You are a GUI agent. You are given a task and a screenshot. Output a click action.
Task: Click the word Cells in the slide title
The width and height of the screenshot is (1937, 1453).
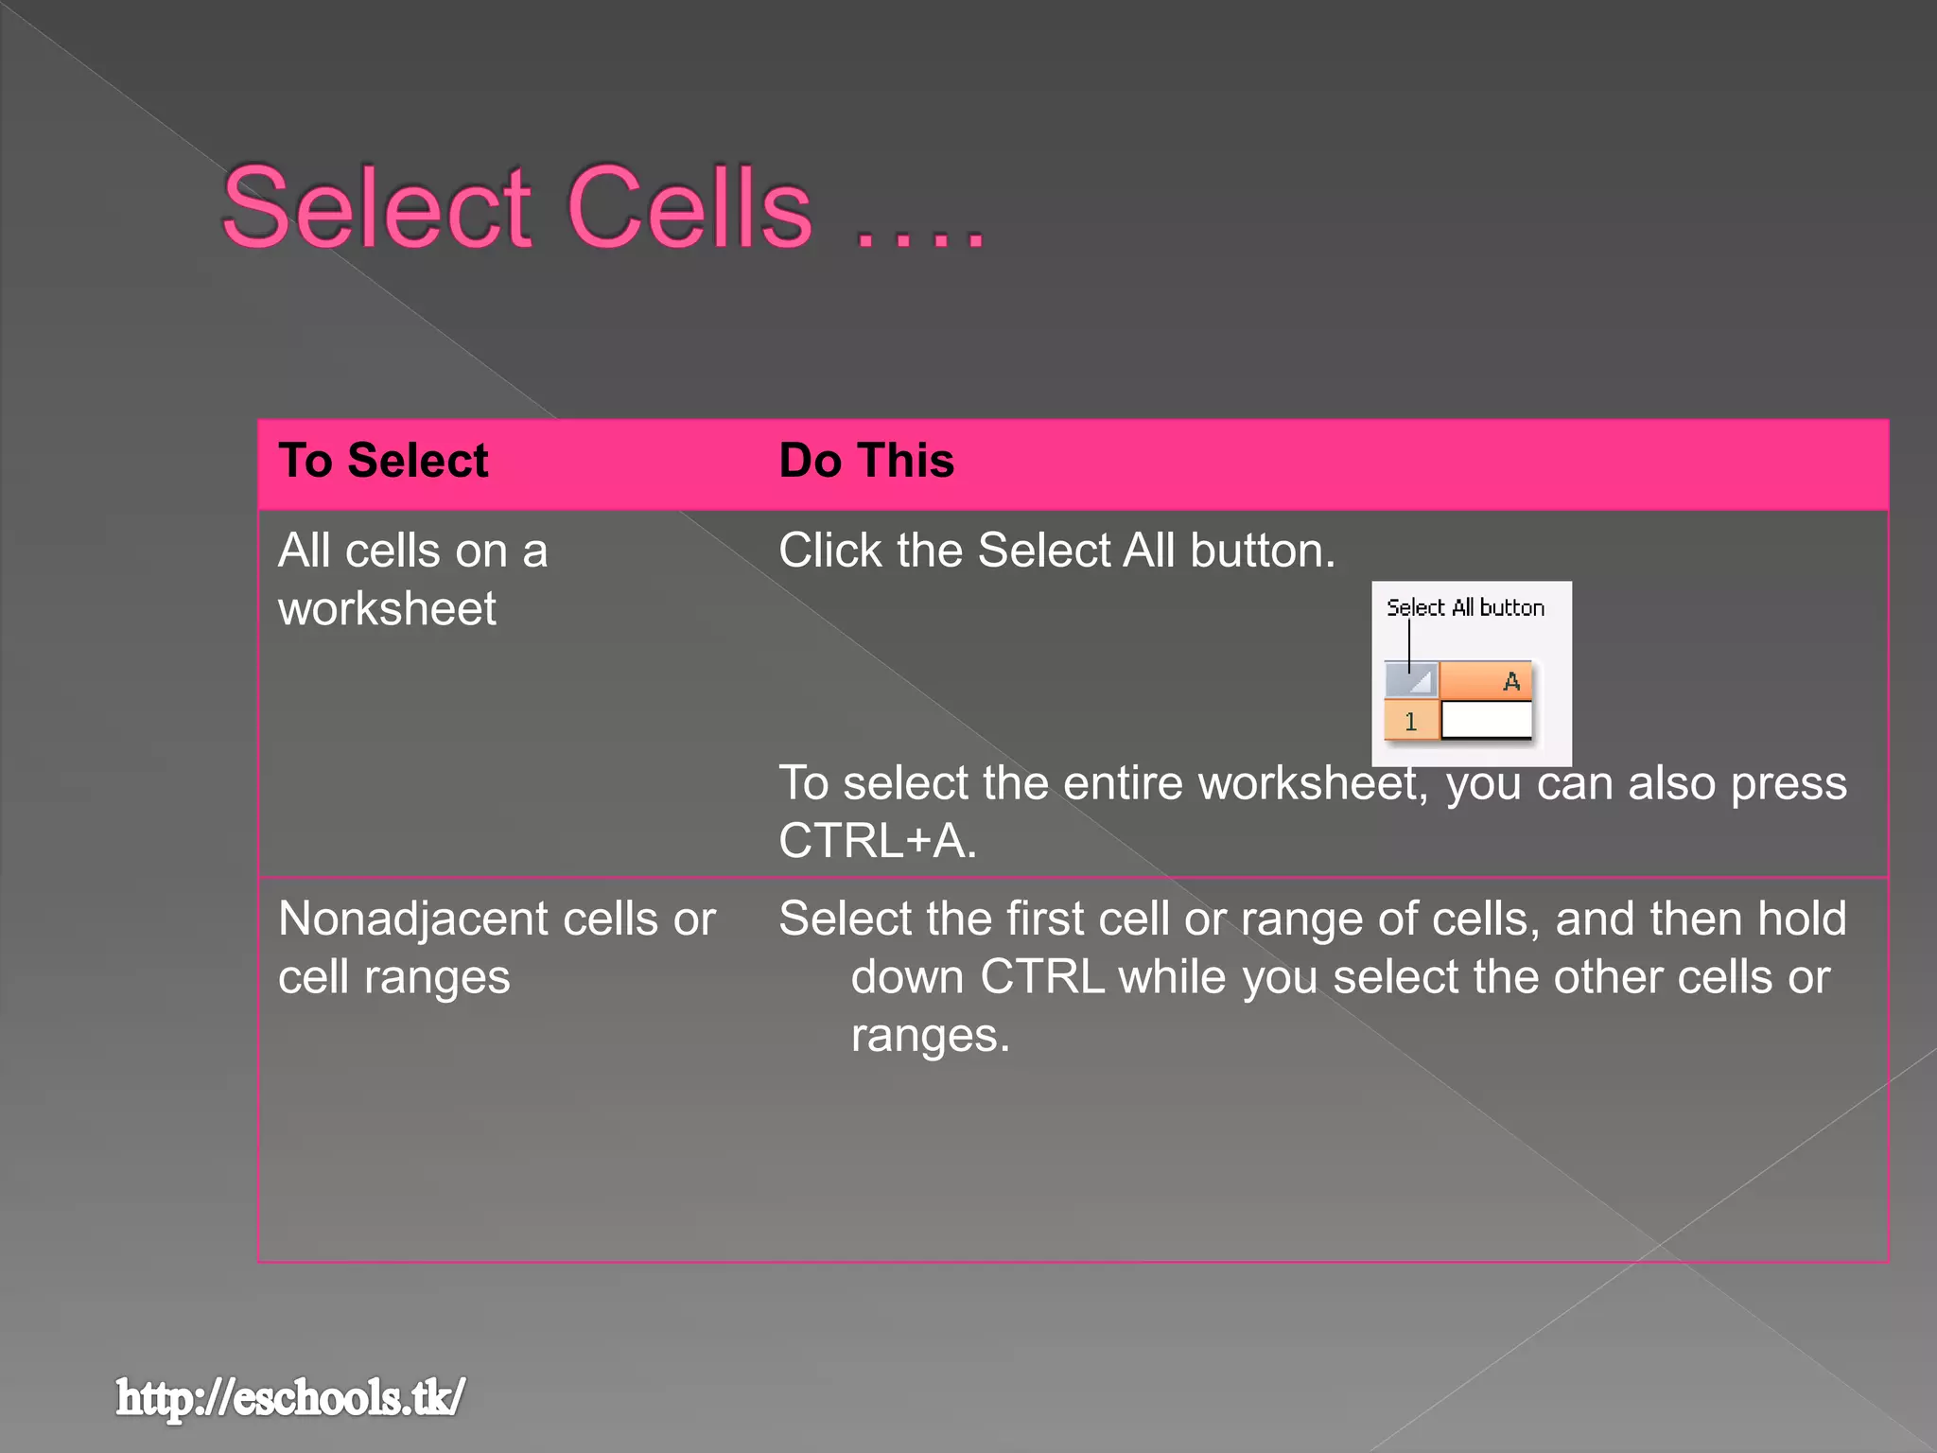coord(689,208)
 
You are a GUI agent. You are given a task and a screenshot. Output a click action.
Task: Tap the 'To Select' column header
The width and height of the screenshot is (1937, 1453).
coord(383,461)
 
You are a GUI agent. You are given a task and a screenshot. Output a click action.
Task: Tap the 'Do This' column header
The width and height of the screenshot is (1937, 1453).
coord(866,461)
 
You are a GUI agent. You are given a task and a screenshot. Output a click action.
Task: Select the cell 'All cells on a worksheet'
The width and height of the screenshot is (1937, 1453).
coord(412,579)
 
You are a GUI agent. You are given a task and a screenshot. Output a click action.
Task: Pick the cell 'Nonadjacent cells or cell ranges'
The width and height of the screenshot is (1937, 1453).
coord(496,947)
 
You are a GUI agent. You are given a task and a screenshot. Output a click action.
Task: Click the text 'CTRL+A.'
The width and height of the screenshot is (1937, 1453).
coord(877,841)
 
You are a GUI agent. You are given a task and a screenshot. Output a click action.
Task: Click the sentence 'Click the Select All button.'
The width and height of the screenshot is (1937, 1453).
coord(1056,551)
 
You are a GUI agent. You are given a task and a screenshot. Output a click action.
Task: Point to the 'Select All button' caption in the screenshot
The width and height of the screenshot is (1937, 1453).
coord(1465,607)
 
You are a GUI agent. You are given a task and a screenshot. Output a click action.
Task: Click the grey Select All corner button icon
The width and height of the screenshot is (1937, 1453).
coord(1411,680)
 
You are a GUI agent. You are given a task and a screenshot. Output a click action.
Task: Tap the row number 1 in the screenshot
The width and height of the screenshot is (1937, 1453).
coord(1410,722)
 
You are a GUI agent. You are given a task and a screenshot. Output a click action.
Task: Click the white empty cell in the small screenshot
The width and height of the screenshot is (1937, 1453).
coord(1486,721)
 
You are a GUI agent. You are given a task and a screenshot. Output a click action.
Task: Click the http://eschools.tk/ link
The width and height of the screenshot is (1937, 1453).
coord(290,1397)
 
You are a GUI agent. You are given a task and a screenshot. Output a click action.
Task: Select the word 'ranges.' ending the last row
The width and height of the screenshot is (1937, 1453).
coord(930,1036)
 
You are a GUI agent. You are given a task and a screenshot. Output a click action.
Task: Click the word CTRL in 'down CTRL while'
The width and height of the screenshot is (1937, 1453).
coord(1041,977)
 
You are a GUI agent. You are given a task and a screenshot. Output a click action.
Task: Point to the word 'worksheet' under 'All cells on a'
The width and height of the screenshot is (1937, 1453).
coord(387,608)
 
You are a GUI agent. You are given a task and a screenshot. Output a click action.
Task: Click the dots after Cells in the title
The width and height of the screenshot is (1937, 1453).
coord(920,236)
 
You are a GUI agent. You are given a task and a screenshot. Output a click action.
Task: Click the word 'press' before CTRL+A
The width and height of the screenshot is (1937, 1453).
coord(1788,784)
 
